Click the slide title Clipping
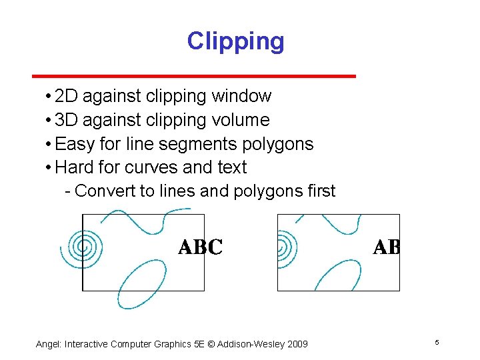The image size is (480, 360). [235, 41]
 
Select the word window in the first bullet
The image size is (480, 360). [241, 97]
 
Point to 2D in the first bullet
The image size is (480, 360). [67, 97]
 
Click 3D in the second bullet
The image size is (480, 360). [67, 120]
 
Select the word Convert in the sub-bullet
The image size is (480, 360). [105, 191]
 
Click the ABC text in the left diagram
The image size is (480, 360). [200, 248]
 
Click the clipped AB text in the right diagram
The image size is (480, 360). [386, 248]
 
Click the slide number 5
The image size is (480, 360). [437, 343]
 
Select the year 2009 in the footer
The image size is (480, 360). [295, 344]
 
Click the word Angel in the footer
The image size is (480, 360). [48, 344]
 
